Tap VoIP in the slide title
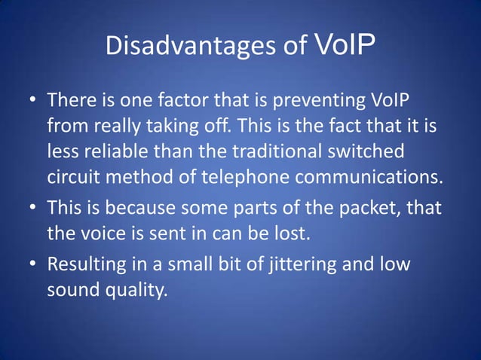click(343, 45)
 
